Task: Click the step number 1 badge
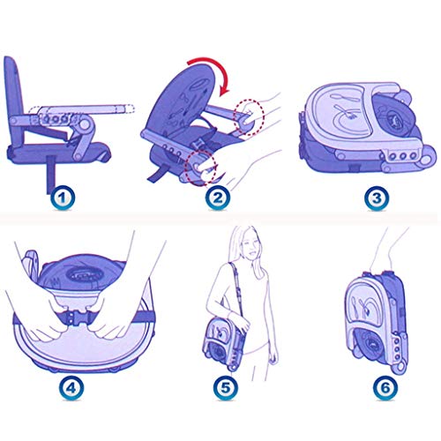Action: click(62, 198)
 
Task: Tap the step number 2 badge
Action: click(218, 198)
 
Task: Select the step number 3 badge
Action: click(377, 198)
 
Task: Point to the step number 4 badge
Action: click(71, 387)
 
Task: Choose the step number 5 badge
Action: click(225, 387)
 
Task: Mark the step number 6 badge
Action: click(385, 387)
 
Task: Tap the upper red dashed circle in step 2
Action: click(249, 117)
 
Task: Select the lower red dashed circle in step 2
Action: click(201, 168)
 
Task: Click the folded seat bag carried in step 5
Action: click(224, 343)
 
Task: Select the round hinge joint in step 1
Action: click(85, 124)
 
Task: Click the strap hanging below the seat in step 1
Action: click(51, 174)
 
